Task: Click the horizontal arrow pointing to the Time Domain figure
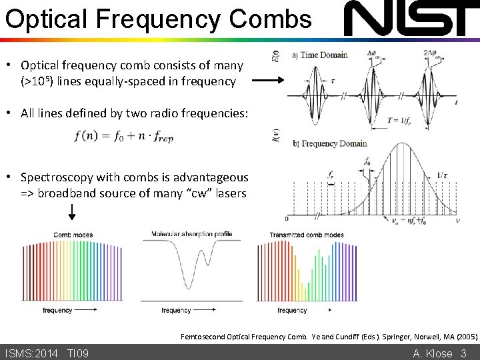(x=268, y=81)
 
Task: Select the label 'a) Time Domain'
(x=320, y=55)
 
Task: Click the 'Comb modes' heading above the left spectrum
(x=73, y=235)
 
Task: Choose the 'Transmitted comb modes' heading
(x=307, y=235)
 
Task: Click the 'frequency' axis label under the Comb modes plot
(x=57, y=310)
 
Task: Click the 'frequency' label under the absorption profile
(x=177, y=310)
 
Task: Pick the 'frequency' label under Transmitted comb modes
(x=292, y=310)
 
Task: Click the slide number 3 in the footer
(x=463, y=353)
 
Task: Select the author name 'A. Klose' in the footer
(x=433, y=353)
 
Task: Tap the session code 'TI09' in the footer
(x=78, y=353)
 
